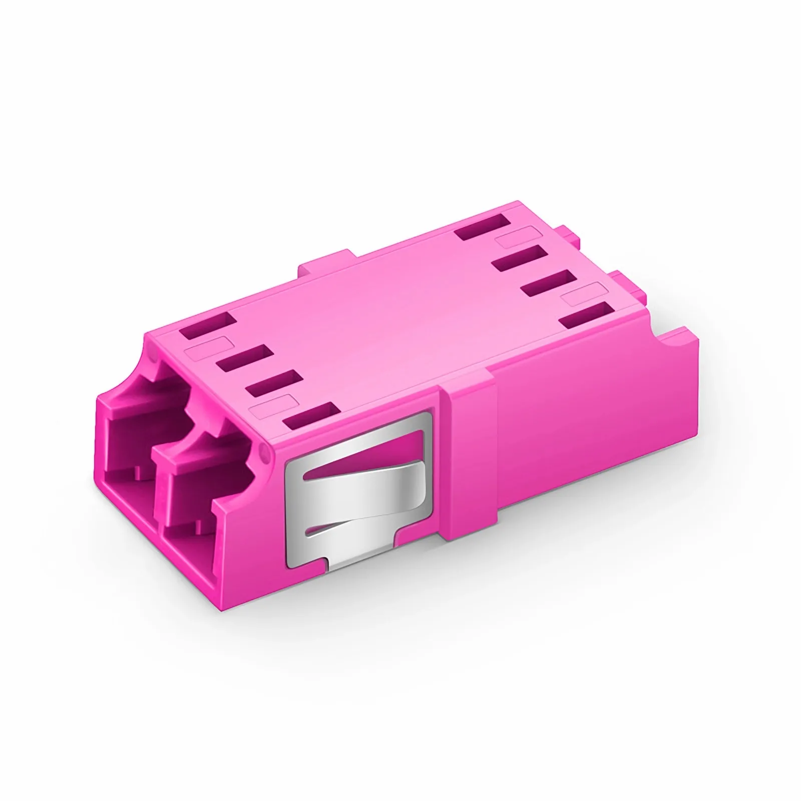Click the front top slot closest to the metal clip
click(308, 416)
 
